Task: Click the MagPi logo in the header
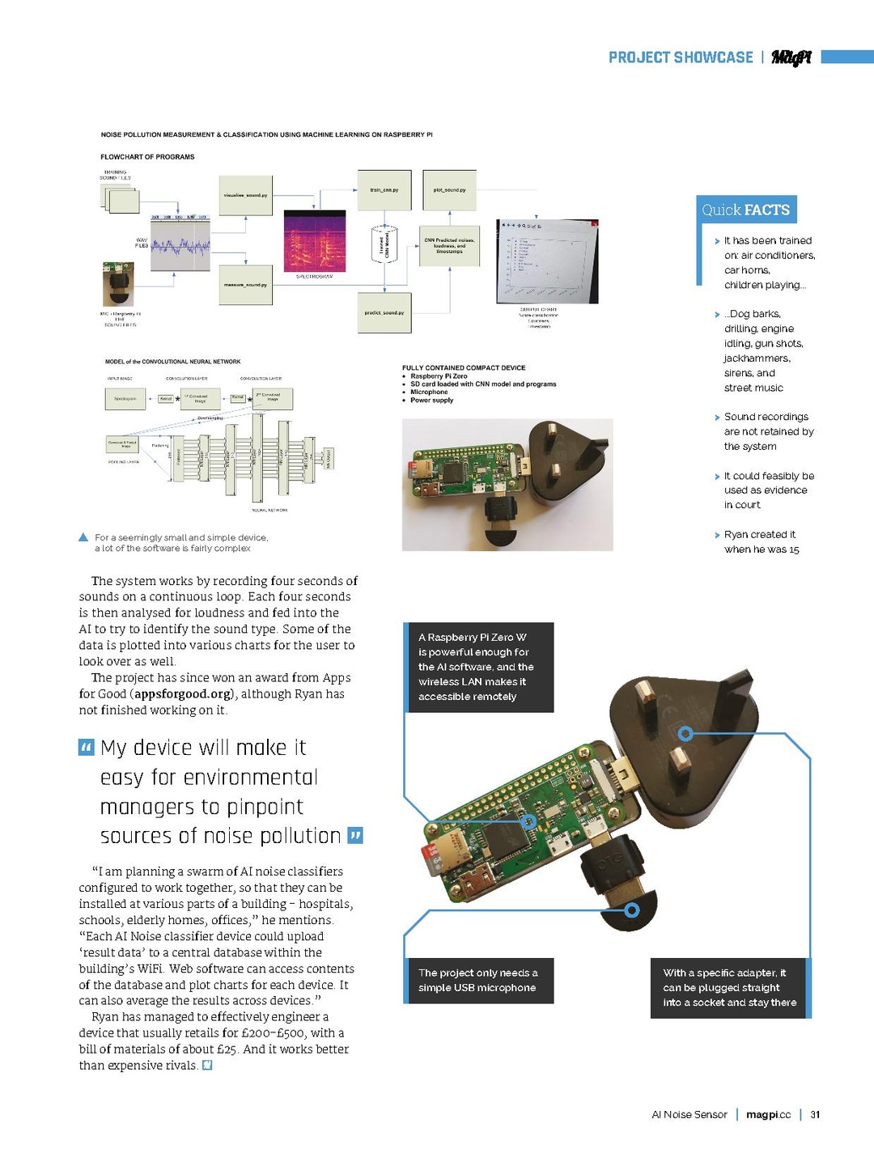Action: pyautogui.click(x=791, y=57)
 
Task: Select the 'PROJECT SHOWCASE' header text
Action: pyautogui.click(x=680, y=57)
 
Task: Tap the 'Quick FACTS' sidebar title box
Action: pyautogui.click(x=745, y=210)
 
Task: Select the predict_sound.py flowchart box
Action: pyautogui.click(x=384, y=312)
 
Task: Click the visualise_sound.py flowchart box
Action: pyautogui.click(x=245, y=195)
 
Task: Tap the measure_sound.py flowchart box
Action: pyautogui.click(x=245, y=285)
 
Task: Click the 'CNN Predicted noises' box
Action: pyautogui.click(x=449, y=246)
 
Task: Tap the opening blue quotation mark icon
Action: pyautogui.click(x=87, y=747)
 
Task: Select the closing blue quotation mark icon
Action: pyautogui.click(x=354, y=835)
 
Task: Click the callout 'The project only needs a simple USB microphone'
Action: pyautogui.click(x=478, y=980)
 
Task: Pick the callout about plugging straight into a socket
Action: pyautogui.click(x=729, y=987)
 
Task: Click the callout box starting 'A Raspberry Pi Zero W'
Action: pyautogui.click(x=478, y=667)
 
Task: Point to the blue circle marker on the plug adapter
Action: pyautogui.click(x=685, y=734)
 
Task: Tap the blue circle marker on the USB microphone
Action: pyautogui.click(x=632, y=910)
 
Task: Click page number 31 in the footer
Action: pyautogui.click(x=815, y=1114)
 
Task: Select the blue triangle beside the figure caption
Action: pyautogui.click(x=83, y=537)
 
